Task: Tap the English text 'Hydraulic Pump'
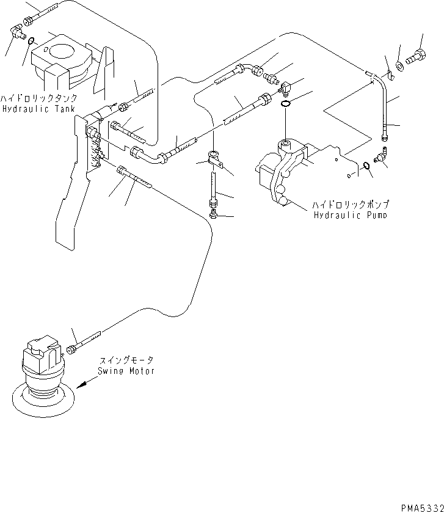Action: point(350,216)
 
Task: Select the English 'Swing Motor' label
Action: point(126,371)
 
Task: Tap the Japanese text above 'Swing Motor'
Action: point(126,361)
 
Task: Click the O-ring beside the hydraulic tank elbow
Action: point(30,41)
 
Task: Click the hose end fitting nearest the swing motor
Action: point(73,348)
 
